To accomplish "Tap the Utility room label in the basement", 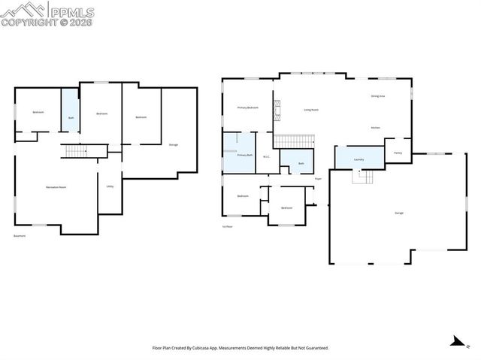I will (110, 186).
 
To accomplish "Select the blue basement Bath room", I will (71, 111).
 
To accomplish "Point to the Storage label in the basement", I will (174, 144).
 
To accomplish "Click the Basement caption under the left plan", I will (20, 235).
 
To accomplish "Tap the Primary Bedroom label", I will (248, 107).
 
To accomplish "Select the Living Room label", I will (311, 110).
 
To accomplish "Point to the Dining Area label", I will (378, 96).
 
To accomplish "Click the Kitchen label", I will (376, 128).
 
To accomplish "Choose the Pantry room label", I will (398, 153).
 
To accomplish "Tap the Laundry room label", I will (358, 159).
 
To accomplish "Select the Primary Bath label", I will (244, 155).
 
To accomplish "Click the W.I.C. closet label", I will (266, 157).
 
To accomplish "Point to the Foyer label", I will (318, 179).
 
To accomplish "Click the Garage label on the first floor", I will (399, 213).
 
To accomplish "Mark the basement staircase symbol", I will (76, 152).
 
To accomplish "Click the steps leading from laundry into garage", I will (364, 177).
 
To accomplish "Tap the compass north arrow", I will (455, 340).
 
